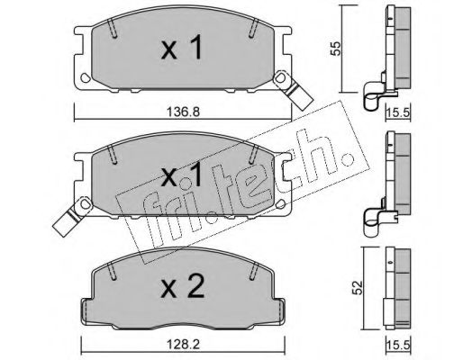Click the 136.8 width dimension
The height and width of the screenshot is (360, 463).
click(183, 112)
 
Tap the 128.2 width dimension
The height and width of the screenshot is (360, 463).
click(183, 345)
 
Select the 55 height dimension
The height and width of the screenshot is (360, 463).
click(335, 48)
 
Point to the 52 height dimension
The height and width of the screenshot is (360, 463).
click(358, 288)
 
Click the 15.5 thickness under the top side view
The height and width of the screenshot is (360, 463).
click(397, 112)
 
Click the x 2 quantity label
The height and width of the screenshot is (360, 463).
click(183, 287)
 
